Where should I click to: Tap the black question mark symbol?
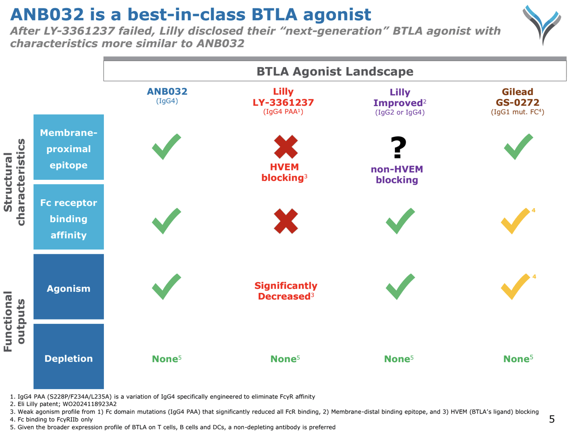coord(398,148)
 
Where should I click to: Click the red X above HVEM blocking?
coord(286,147)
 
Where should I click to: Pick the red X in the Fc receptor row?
coord(286,221)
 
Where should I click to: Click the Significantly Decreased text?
coord(286,291)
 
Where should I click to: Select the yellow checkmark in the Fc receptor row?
coord(515,221)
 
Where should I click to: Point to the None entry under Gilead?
coord(517,359)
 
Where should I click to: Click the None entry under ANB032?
coord(166,359)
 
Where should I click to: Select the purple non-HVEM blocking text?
coord(397,174)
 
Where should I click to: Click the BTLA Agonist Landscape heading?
coord(335,71)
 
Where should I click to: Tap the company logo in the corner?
coord(541,24)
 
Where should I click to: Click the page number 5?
coord(552,419)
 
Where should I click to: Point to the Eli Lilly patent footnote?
coord(63,404)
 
